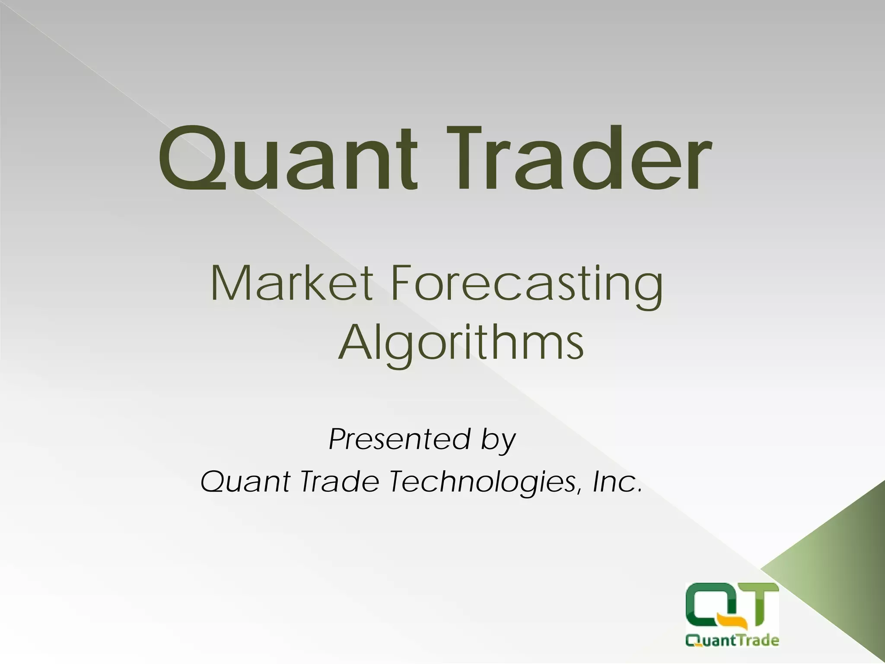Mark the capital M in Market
pyautogui.click(x=229, y=284)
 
